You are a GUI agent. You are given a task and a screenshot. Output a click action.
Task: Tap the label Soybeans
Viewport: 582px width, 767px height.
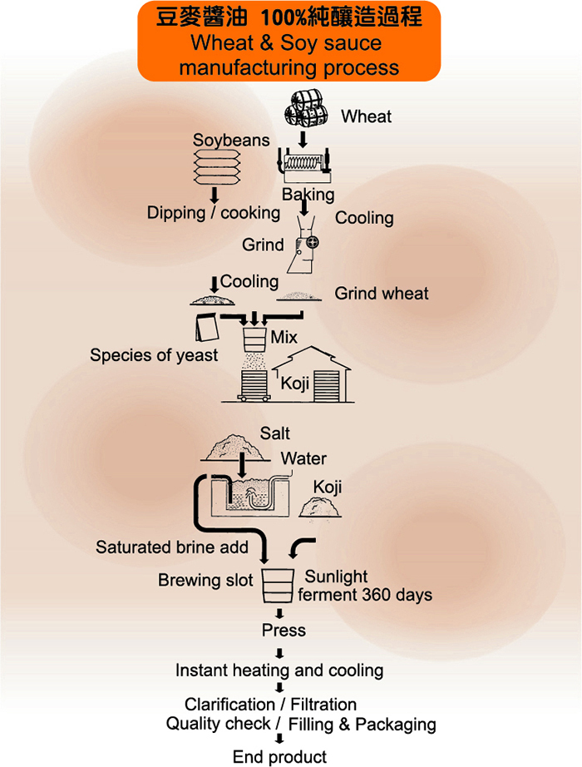(231, 140)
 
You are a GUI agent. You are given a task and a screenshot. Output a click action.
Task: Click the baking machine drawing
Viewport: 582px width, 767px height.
(306, 166)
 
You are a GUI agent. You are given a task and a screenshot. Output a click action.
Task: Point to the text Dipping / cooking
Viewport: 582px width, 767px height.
(214, 213)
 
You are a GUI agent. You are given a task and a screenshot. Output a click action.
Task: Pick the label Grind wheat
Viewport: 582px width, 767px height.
(382, 293)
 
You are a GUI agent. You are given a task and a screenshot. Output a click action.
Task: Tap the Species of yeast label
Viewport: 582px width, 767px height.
(154, 355)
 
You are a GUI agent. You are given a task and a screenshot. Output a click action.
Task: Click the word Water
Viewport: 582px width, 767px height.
(303, 458)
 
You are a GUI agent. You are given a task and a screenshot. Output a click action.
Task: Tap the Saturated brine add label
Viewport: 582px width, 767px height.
(172, 547)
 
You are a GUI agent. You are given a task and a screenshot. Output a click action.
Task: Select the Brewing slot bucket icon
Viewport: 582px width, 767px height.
(279, 585)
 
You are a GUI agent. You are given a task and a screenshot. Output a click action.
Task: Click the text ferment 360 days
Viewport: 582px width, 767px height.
(365, 595)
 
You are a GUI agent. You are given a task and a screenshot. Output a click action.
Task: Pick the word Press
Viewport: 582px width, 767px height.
(284, 631)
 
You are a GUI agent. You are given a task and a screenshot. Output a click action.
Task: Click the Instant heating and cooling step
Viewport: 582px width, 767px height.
(279, 670)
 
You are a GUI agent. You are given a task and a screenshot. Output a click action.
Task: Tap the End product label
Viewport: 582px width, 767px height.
(279, 756)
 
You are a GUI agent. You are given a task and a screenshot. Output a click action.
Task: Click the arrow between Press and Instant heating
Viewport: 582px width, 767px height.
(280, 651)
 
